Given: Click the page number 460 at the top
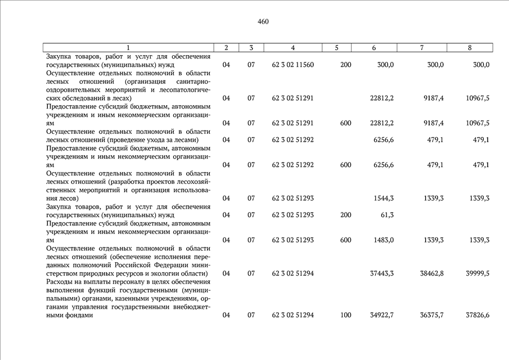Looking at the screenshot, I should (x=263, y=22).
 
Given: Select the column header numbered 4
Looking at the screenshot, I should (x=293, y=48).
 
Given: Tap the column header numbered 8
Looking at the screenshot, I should (x=470, y=48).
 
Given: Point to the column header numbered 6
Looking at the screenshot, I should (x=374, y=48).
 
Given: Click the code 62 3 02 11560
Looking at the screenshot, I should (x=292, y=65).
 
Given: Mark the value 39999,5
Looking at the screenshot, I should (x=478, y=273).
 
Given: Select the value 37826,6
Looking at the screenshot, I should (x=478, y=315).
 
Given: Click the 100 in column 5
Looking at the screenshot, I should (x=345, y=315).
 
